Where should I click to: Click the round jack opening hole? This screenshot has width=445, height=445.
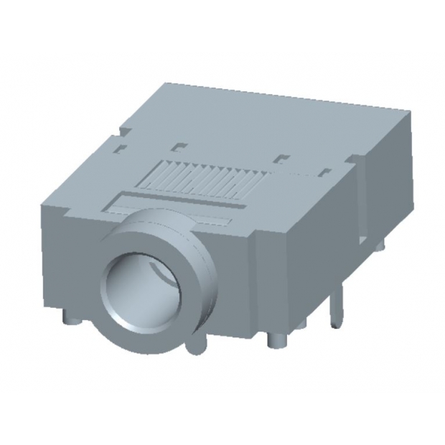click(140, 291)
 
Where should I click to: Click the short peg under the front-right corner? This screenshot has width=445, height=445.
click(277, 339)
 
